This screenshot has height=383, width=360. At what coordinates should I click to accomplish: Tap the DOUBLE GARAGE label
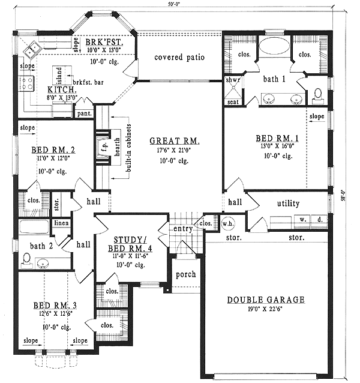pyautogui.click(x=266, y=300)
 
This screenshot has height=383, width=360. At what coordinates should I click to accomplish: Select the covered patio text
pyautogui.click(x=179, y=58)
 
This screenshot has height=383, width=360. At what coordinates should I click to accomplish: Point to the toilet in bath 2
pyautogui.click(x=25, y=259)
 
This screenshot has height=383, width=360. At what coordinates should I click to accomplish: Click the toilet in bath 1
pyautogui.click(x=318, y=95)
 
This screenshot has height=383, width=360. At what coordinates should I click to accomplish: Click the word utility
pyautogui.click(x=288, y=204)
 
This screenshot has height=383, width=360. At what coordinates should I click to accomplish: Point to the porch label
pyautogui.click(x=185, y=274)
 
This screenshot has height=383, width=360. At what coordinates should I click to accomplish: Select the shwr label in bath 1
pyautogui.click(x=232, y=80)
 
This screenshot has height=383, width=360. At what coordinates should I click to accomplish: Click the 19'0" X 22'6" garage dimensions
pyautogui.click(x=266, y=310)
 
